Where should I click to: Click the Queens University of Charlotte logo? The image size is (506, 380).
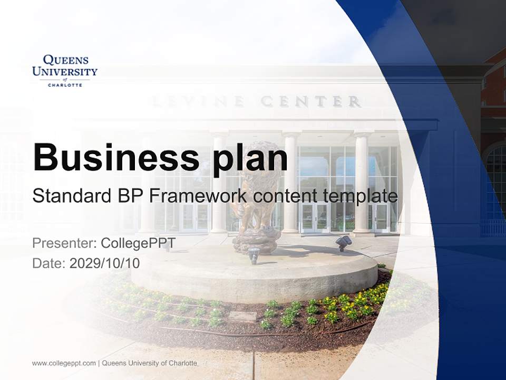click(x=65, y=70)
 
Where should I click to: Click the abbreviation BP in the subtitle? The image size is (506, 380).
click(x=131, y=196)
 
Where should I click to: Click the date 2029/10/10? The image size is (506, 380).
click(x=105, y=263)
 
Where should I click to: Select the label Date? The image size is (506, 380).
click(x=49, y=263)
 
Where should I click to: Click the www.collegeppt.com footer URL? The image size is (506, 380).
click(x=64, y=363)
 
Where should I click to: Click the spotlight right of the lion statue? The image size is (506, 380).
click(x=344, y=242)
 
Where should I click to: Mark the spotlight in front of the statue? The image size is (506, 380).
click(x=254, y=254)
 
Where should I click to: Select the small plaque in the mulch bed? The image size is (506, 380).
click(x=242, y=316)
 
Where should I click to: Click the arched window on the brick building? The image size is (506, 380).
click(x=496, y=174)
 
